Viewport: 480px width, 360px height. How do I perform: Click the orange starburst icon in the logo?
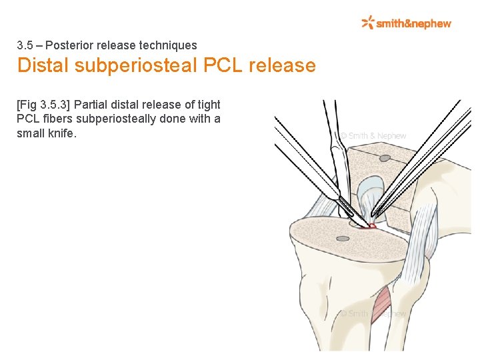pos(367,23)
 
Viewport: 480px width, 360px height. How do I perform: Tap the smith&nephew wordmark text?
pos(413,24)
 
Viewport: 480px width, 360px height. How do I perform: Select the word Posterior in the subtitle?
pos(66,46)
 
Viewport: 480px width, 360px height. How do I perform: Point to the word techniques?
pos(168,46)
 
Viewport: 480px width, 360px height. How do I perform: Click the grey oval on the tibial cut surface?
pos(343,238)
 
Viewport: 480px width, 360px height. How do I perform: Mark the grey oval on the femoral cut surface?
pos(385,159)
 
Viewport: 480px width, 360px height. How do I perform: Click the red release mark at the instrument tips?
pos(371,227)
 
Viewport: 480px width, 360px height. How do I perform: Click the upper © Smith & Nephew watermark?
pos(373,136)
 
